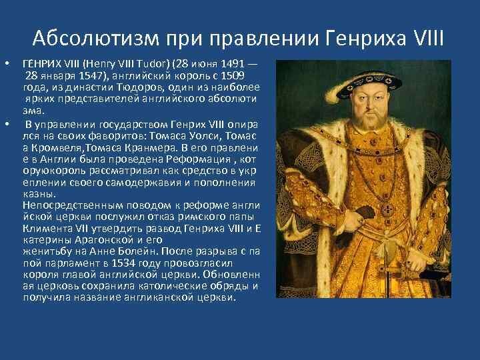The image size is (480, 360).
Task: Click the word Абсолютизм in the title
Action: click(x=96, y=38)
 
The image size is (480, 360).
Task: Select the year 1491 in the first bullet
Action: click(x=233, y=64)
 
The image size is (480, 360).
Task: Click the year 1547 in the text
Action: click(x=91, y=75)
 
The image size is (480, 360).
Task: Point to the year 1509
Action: click(x=233, y=75)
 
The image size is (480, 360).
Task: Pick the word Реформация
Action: click(x=199, y=160)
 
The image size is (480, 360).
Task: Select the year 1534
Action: click(x=123, y=263)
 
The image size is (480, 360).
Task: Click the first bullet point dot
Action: click(x=7, y=64)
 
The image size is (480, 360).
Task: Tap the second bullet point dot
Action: click(x=7, y=124)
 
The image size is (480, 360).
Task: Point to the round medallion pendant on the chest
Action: click(x=387, y=210)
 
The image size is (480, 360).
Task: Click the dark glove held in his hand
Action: click(x=364, y=213)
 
